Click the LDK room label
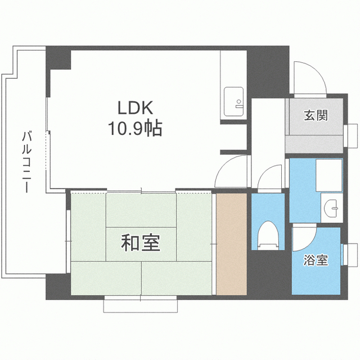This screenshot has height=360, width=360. pyautogui.click(x=135, y=107)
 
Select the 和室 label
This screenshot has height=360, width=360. pyautogui.click(x=141, y=242)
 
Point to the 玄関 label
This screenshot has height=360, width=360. pyautogui.click(x=316, y=115)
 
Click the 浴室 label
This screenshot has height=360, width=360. pyautogui.click(x=316, y=260)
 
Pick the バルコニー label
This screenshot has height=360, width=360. pyautogui.click(x=26, y=161)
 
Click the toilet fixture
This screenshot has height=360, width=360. pyautogui.click(x=268, y=235)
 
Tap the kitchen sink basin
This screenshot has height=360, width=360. pyautogui.click(x=233, y=101)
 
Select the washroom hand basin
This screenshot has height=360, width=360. pyautogui.click(x=331, y=208)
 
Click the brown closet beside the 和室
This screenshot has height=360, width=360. pyautogui.click(x=231, y=244)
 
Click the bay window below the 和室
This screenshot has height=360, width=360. pyautogui.click(x=141, y=304)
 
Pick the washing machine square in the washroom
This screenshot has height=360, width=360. pyautogui.click(x=329, y=175)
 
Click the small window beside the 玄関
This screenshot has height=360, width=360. pyautogui.click(x=350, y=136)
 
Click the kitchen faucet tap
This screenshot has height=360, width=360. pyautogui.click(x=239, y=103)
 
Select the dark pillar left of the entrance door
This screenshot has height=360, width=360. pyautogui.click(x=268, y=72)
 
